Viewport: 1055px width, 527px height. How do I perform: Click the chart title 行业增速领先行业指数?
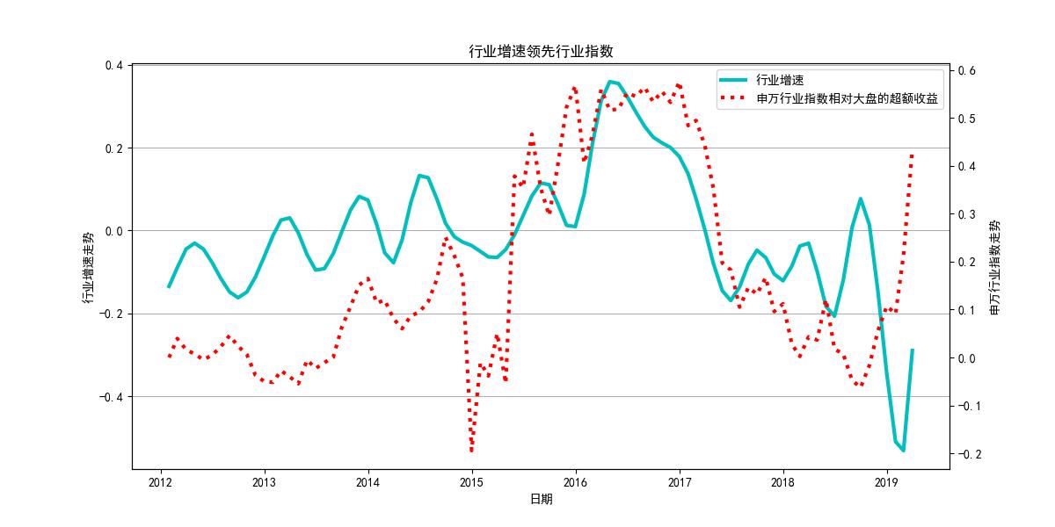pos(540,52)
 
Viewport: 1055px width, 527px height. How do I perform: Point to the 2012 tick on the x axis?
pos(160,482)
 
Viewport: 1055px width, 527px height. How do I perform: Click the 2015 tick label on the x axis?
pos(471,482)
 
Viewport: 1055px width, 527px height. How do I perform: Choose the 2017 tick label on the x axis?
pos(679,482)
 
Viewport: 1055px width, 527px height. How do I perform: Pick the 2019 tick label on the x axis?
pos(886,482)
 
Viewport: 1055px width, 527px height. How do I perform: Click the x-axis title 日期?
pos(541,500)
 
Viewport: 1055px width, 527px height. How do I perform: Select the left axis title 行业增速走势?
pos(88,267)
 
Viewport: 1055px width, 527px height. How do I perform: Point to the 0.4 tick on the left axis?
pos(114,65)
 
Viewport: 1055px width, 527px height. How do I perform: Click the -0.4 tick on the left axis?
pos(112,397)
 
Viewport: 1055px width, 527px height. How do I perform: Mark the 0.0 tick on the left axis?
pos(114,231)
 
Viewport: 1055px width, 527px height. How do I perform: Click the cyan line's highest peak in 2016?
pos(611,82)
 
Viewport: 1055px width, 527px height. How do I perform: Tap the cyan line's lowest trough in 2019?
pos(903,451)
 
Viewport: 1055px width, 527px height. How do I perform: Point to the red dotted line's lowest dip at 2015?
pos(472,451)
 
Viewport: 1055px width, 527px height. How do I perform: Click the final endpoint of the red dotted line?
pos(913,155)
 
